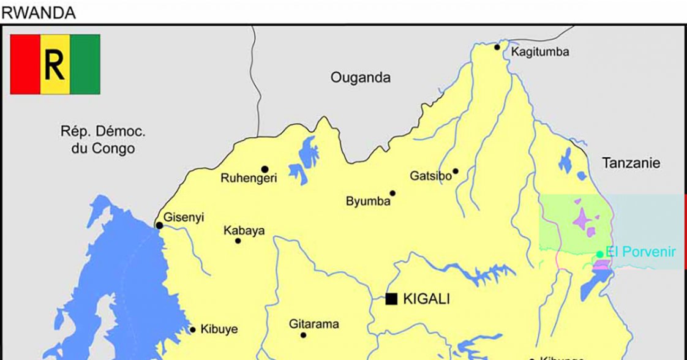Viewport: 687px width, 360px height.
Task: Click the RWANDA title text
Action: tap(38, 13)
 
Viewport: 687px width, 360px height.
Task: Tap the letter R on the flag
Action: tap(54, 64)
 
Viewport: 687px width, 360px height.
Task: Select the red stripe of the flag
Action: tap(25, 64)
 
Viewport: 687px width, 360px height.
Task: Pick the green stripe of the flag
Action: tap(85, 64)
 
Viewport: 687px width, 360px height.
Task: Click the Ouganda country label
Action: tap(360, 78)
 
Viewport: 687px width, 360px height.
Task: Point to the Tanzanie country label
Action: tap(631, 163)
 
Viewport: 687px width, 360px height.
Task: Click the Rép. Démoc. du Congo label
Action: tap(99, 140)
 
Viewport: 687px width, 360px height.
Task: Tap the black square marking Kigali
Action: tap(391, 299)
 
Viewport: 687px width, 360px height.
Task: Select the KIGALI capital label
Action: tap(427, 299)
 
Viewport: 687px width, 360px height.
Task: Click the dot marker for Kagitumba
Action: tap(497, 47)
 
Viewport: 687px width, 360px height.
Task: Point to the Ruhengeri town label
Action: tap(249, 179)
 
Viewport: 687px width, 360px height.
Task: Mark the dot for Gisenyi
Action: tap(159, 225)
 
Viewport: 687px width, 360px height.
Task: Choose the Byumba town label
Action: tap(368, 201)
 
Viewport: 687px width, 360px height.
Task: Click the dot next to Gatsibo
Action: tap(456, 171)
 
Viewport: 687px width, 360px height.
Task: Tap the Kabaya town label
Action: tap(244, 231)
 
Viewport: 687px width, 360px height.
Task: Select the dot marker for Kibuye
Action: tap(192, 330)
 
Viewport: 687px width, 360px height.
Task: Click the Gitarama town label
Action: tap(313, 324)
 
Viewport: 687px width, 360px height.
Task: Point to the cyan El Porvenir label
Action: tap(640, 252)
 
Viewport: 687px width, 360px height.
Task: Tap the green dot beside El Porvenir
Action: tap(600, 255)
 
